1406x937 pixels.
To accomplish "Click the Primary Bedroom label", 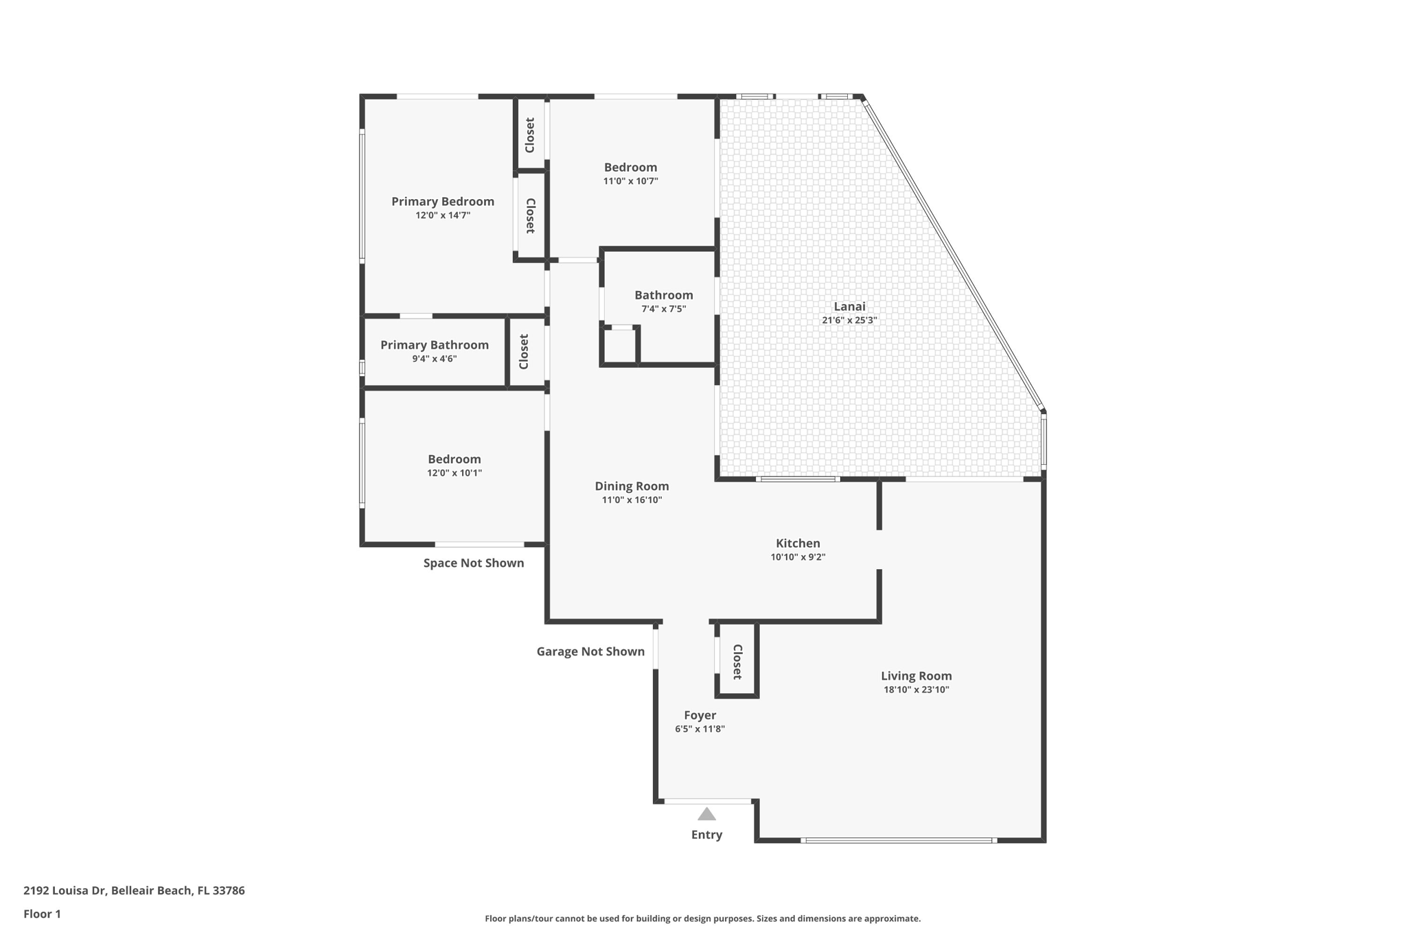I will pos(443,201).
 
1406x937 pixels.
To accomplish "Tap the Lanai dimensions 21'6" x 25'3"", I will pos(849,320).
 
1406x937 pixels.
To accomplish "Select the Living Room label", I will pos(916,676).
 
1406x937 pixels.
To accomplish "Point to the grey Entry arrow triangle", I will pos(706,815).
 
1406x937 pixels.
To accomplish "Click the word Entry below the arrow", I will pos(706,835).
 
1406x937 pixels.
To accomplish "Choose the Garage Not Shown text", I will pos(590,651).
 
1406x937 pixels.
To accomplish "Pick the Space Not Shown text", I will pos(473,563).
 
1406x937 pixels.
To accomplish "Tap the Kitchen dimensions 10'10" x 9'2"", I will pos(798,557).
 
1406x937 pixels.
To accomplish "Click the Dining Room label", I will pos(632,486).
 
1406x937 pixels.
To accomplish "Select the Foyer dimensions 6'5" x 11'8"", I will pos(700,729).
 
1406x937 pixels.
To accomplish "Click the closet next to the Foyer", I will pos(737,661).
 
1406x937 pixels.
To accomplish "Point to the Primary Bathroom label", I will pos(435,345).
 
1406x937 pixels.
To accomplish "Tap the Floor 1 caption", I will pos(42,914).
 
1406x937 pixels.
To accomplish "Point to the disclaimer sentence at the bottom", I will pos(702,918).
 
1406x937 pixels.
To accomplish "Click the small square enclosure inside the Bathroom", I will pos(620,347).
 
